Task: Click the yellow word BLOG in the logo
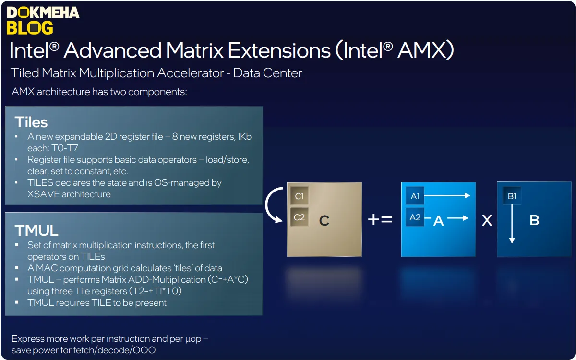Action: click(30, 28)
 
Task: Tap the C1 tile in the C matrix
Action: click(300, 196)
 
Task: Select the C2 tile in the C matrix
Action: click(300, 217)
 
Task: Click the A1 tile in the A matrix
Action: click(415, 196)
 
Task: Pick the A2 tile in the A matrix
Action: click(415, 217)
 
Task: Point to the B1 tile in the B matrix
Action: click(512, 196)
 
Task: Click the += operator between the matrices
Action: click(380, 220)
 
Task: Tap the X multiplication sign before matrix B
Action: click(487, 220)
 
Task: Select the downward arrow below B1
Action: click(512, 224)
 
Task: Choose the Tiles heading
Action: click(31, 122)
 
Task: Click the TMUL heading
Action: click(36, 230)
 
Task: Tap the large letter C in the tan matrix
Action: click(324, 220)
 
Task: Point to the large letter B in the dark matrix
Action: click(534, 220)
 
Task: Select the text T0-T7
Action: click(65, 148)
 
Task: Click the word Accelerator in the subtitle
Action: click(190, 73)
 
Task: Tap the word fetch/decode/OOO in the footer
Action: click(114, 350)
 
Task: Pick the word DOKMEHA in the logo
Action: click(43, 12)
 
